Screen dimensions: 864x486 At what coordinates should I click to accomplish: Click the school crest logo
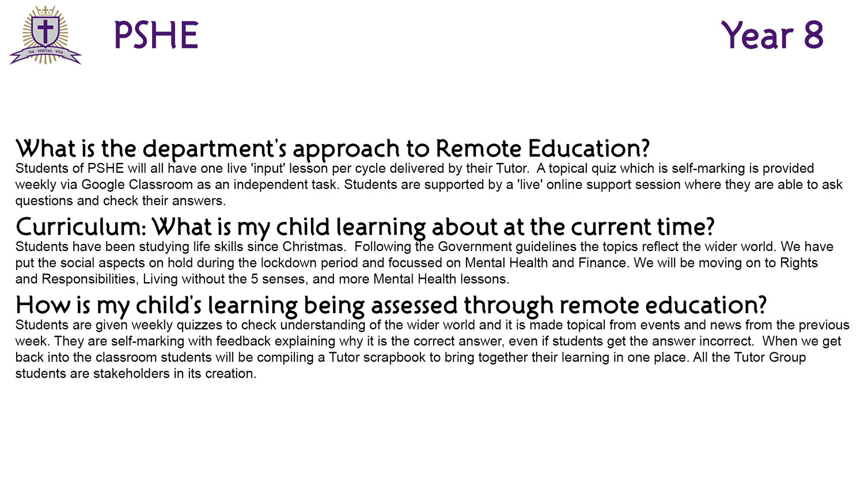(x=46, y=35)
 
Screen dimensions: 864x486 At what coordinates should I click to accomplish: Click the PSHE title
(x=156, y=35)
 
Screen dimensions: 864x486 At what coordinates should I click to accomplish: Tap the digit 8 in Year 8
(x=813, y=35)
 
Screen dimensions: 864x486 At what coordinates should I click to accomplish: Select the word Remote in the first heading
(x=478, y=149)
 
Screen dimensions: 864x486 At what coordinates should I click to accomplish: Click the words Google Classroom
(x=137, y=185)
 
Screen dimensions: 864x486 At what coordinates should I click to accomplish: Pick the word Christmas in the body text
(x=313, y=246)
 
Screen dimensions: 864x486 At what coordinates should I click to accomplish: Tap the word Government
(x=475, y=246)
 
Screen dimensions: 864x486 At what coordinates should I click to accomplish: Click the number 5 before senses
(x=254, y=279)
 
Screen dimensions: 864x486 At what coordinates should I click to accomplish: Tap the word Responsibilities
(x=90, y=279)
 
